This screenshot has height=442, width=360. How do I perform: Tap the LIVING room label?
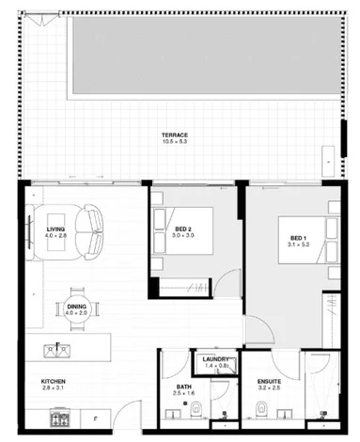click(x=56, y=228)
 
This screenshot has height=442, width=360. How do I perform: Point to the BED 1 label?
click(x=297, y=237)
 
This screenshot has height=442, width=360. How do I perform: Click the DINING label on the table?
click(x=76, y=305)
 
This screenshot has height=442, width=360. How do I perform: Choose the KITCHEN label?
click(x=53, y=381)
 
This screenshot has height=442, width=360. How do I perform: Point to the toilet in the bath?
click(x=197, y=408)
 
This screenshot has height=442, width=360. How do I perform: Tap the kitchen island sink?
click(x=55, y=349)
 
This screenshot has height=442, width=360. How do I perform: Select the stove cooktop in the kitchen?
click(x=63, y=418)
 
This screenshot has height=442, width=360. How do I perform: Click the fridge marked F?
click(x=94, y=418)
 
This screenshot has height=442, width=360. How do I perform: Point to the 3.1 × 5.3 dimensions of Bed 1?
click(x=297, y=245)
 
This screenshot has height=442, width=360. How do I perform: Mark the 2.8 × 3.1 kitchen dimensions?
click(x=53, y=387)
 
